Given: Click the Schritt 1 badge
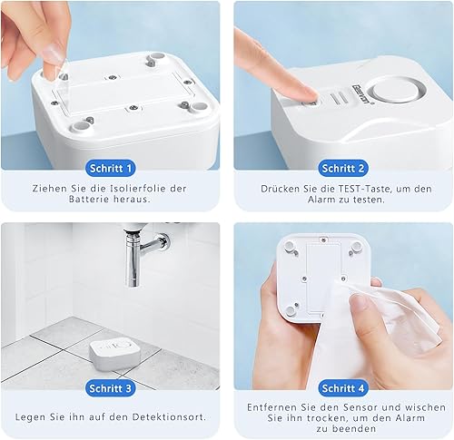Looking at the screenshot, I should pos(111,167).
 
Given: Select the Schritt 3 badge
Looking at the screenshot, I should pos(111,388).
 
